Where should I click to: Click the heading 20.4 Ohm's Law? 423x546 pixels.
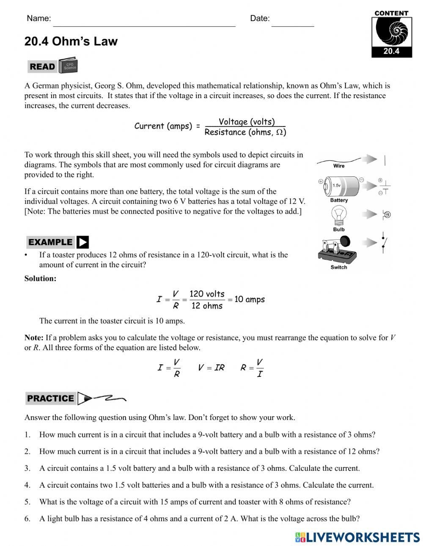pyautogui.click(x=71, y=41)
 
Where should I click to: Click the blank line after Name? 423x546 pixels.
pyautogui.click(x=144, y=23)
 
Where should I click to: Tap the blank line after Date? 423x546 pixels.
pyautogui.click(x=293, y=23)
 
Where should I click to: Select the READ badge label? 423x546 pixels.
pyautogui.click(x=42, y=67)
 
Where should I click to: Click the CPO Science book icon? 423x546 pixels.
pyautogui.click(x=68, y=66)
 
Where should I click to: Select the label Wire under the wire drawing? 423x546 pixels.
pyautogui.click(x=339, y=166)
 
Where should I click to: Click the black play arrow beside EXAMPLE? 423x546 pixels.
pyautogui.click(x=83, y=242)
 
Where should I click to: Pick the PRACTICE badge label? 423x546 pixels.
pyautogui.click(x=50, y=398)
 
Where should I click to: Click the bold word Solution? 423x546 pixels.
pyautogui.click(x=40, y=279)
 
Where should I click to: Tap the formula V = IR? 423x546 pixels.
pyautogui.click(x=211, y=368)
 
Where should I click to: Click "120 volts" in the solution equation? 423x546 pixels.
pyautogui.click(x=207, y=294)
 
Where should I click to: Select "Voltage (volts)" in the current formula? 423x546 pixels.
pyautogui.click(x=247, y=122)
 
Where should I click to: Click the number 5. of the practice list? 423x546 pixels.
pyautogui.click(x=27, y=502)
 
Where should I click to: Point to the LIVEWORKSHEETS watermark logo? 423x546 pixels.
pyautogui.click(x=357, y=537)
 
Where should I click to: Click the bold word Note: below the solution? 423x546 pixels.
pyautogui.click(x=34, y=338)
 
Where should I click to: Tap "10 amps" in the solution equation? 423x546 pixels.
pyautogui.click(x=249, y=299)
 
